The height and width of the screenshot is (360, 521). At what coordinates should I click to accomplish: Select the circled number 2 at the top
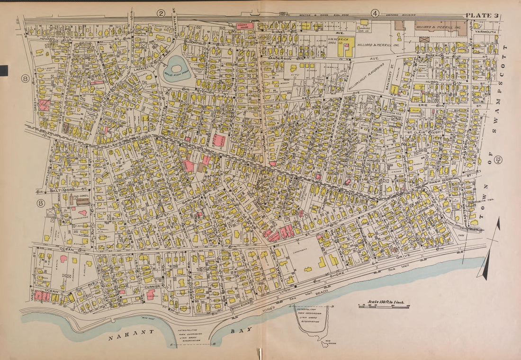[x=161, y=13]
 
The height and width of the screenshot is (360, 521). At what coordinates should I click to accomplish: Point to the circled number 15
[x=498, y=161]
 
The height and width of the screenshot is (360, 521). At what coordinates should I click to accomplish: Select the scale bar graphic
[x=384, y=307]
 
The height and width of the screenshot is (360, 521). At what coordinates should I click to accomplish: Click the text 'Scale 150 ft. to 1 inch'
[x=388, y=302]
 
